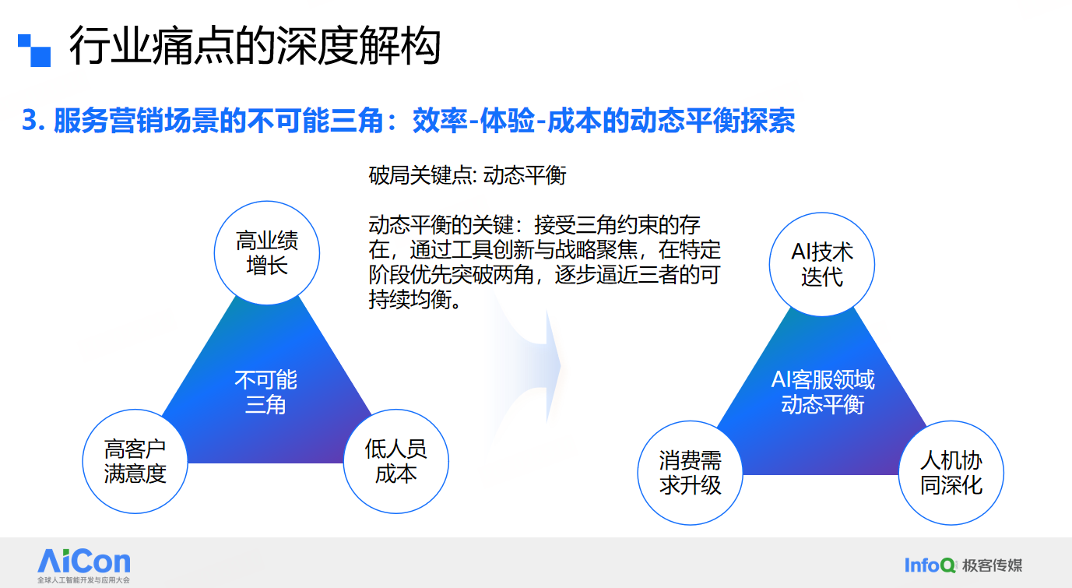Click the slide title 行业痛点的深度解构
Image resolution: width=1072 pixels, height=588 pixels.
click(255, 46)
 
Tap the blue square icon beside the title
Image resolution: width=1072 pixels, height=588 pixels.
click(34, 51)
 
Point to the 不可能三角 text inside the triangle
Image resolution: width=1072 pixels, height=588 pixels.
click(265, 393)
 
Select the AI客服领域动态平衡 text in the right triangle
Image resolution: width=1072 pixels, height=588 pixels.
click(823, 393)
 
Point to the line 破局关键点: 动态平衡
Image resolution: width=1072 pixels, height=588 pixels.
click(468, 175)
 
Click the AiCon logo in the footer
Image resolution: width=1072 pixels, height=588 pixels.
click(84, 562)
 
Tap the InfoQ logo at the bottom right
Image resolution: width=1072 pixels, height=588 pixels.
click(930, 565)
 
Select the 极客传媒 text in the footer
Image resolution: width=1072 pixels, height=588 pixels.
click(993, 565)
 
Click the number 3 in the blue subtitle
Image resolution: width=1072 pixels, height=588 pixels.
click(30, 120)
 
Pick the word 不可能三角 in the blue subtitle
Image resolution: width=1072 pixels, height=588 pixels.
click(316, 120)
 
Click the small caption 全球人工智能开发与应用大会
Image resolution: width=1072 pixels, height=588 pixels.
click(84, 580)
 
